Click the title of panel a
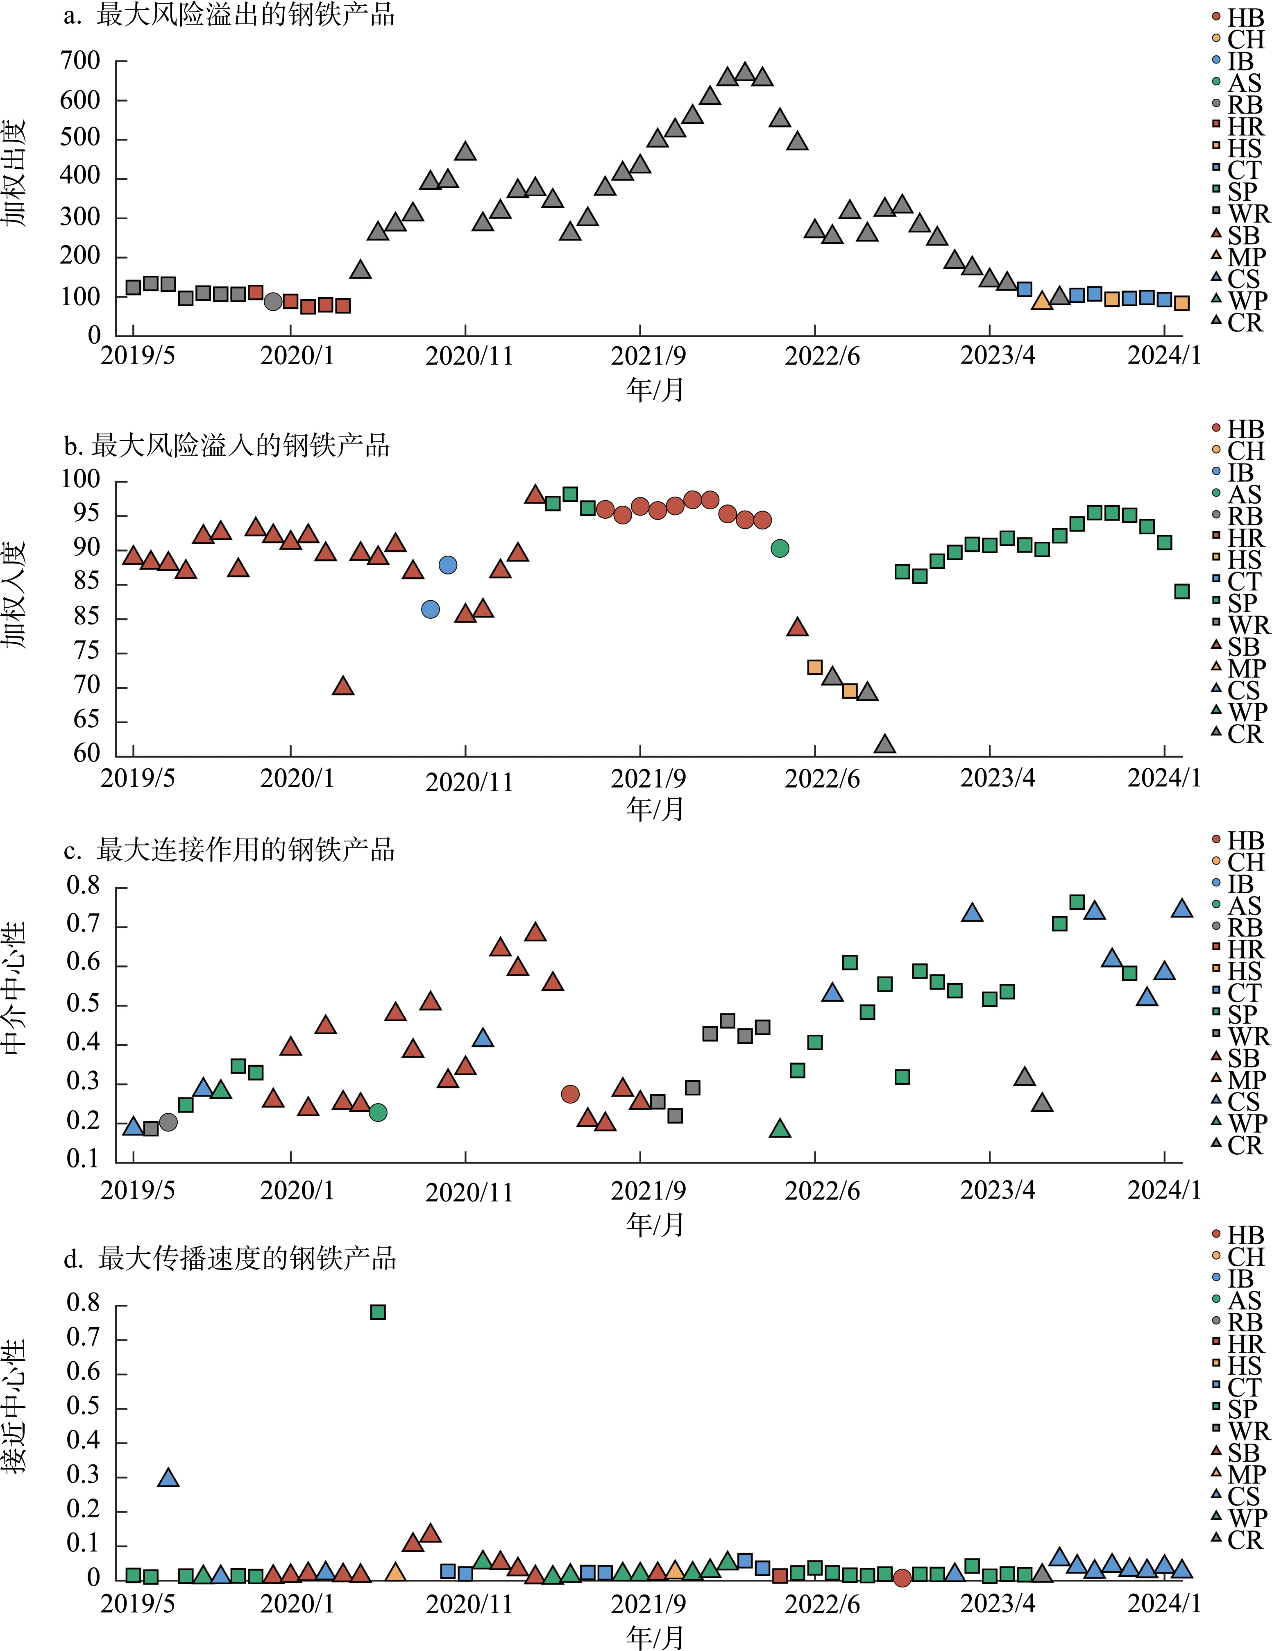coord(229,15)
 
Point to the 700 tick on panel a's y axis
coord(80,61)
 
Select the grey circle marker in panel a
coord(273,302)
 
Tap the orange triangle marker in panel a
coord(1041,301)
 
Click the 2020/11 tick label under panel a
coord(469,355)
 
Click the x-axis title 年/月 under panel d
coord(655,1637)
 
